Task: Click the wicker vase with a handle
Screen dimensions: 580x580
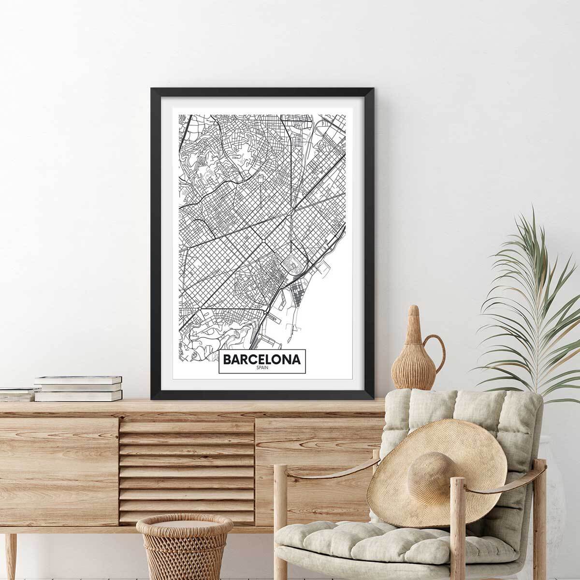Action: (411, 358)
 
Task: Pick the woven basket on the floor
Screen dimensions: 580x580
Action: (184, 546)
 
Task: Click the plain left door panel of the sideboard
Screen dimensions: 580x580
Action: (58, 459)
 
